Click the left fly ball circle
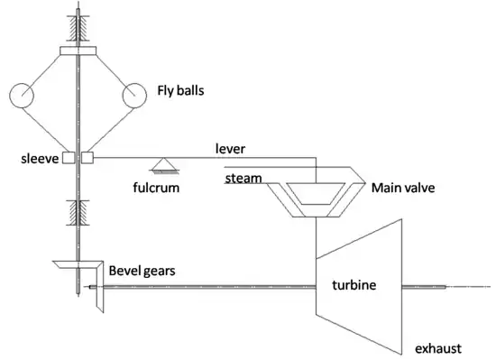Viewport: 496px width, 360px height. tap(22, 94)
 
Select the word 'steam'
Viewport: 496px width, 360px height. tap(243, 178)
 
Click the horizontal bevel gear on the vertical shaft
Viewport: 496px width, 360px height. tap(68, 265)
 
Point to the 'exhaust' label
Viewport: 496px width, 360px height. tap(436, 347)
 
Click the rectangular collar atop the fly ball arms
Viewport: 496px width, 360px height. tap(78, 50)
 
